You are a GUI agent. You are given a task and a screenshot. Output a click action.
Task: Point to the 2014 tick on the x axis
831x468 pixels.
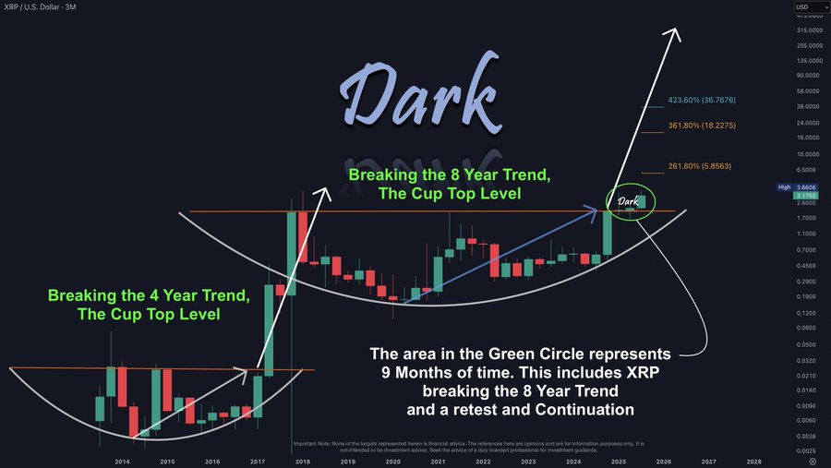click(122, 461)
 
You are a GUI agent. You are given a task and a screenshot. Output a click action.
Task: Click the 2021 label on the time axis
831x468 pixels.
click(439, 461)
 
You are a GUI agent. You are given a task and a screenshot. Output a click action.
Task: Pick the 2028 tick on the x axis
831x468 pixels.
click(753, 461)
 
